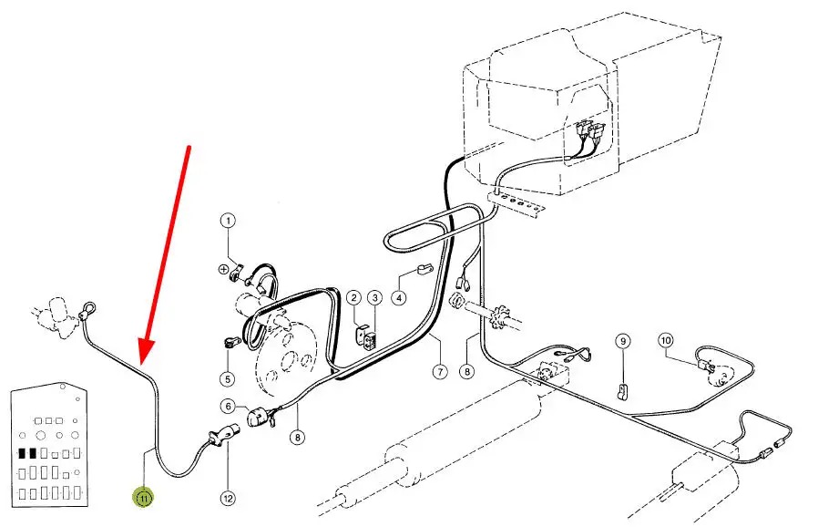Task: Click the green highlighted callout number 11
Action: (x=143, y=498)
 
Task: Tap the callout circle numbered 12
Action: (x=228, y=498)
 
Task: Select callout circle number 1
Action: (x=228, y=221)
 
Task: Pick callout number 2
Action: (x=354, y=298)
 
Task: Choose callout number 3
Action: (x=374, y=298)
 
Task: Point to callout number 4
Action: (x=399, y=298)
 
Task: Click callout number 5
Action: (x=228, y=378)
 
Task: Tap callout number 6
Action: (x=228, y=406)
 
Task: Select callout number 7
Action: (x=440, y=371)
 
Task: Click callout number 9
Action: (x=622, y=342)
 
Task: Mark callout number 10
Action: (x=666, y=340)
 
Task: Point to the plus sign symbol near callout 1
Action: (x=223, y=270)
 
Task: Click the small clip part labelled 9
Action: (x=622, y=392)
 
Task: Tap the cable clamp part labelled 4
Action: (x=424, y=271)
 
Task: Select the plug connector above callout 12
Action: (x=223, y=436)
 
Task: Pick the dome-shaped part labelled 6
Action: (x=257, y=418)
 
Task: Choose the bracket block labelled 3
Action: (x=372, y=338)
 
